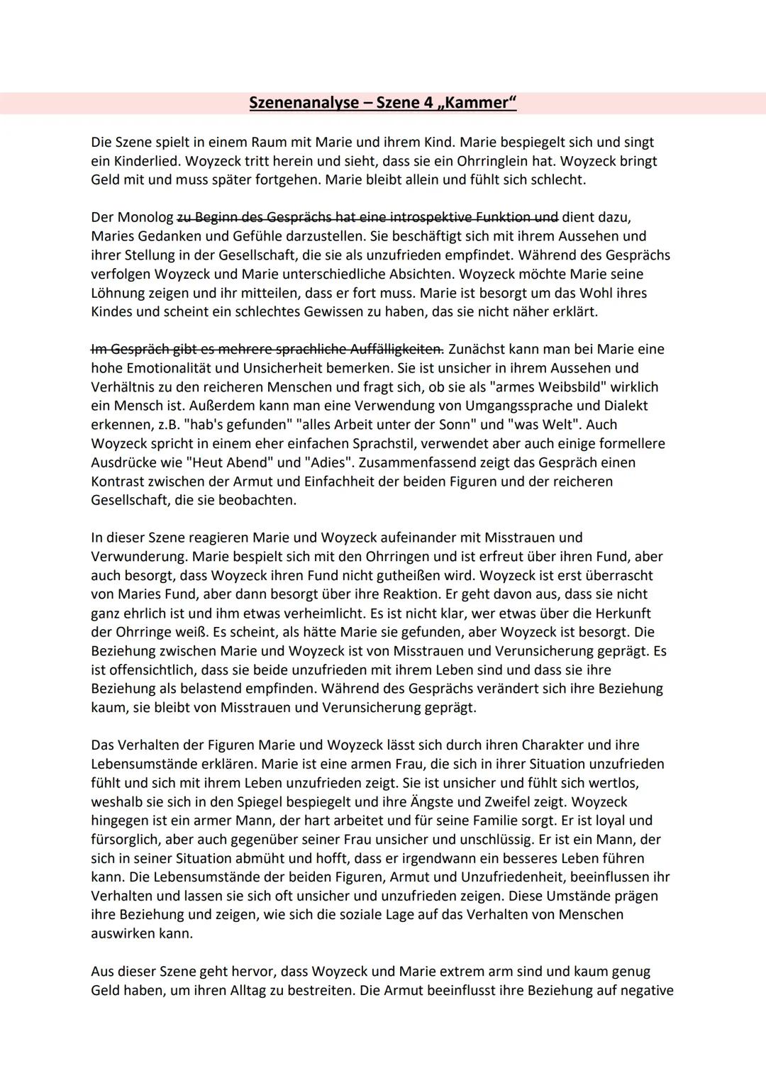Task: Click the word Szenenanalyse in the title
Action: [x=304, y=103]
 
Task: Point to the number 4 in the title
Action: [x=428, y=103]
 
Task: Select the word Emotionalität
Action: [x=172, y=368]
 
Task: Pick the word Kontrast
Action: [x=119, y=482]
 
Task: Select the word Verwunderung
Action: [x=135, y=557]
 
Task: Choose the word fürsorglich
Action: [x=125, y=840]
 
